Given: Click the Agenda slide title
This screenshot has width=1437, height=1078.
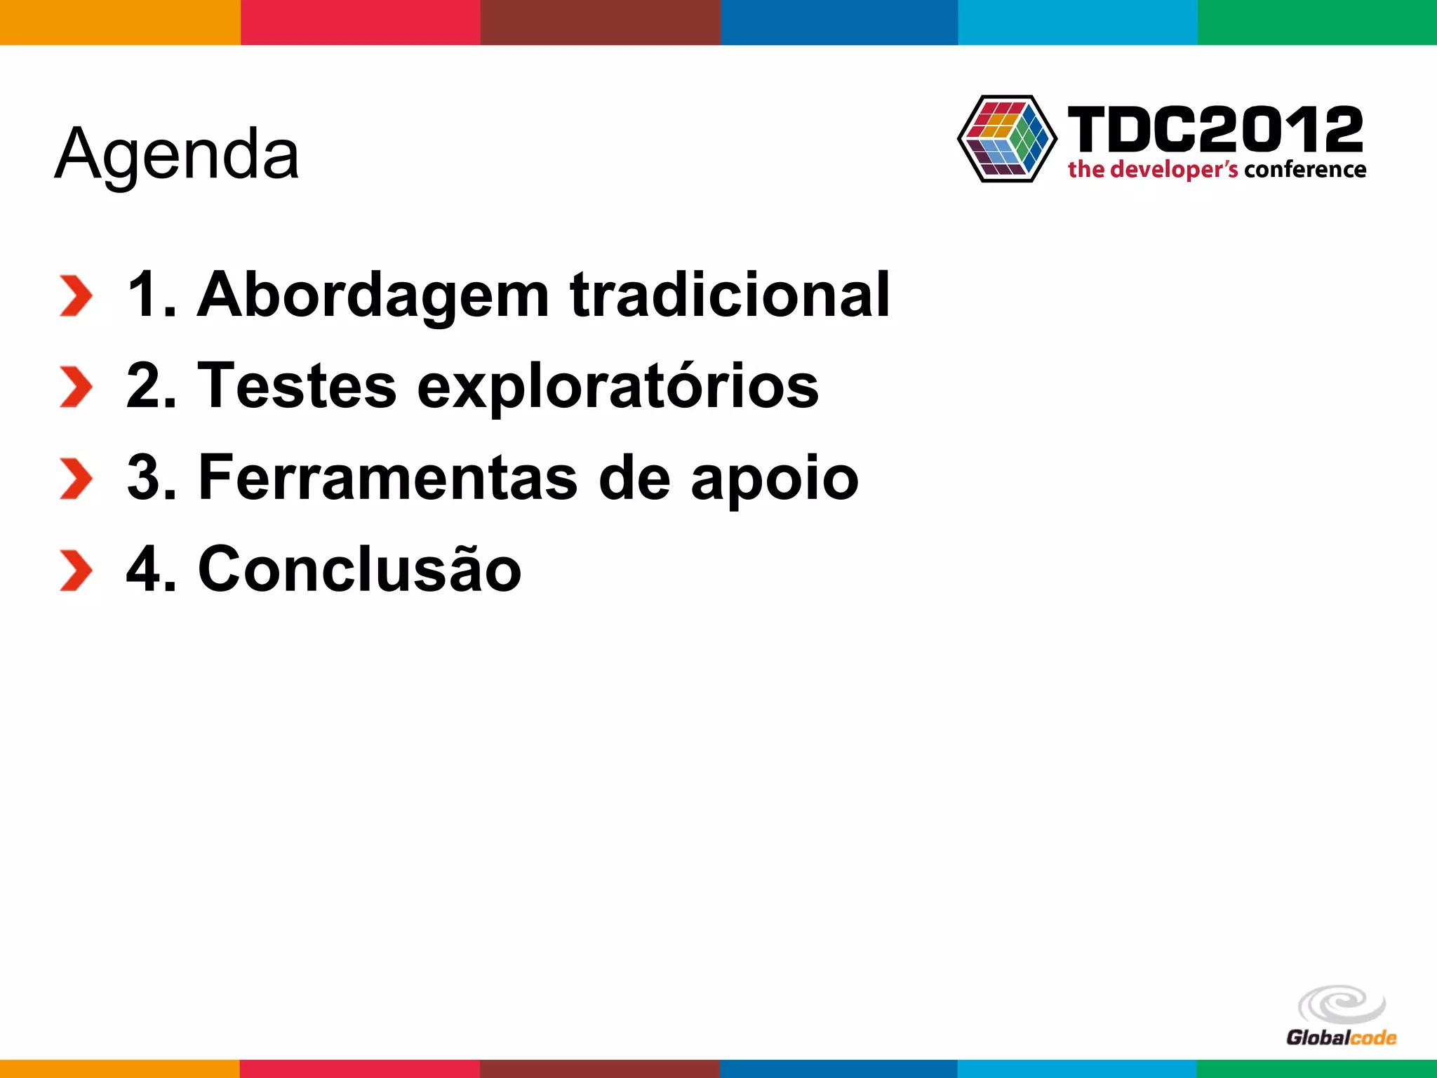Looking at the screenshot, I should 177,154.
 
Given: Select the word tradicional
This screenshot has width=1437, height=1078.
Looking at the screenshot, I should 730,295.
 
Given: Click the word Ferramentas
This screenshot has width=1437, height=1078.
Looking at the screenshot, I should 387,478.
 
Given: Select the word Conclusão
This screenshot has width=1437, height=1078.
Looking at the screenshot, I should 360,568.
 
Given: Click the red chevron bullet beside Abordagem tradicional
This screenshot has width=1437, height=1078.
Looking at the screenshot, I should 76,296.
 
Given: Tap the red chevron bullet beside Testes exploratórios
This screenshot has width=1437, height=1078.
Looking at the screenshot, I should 76,387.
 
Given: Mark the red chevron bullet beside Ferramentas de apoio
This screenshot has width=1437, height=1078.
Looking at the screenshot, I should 76,479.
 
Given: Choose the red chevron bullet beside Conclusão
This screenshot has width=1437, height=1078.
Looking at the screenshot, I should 76,570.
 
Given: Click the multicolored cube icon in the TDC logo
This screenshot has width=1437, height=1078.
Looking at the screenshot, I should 1007,139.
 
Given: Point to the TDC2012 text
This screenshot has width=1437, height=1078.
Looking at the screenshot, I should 1215,129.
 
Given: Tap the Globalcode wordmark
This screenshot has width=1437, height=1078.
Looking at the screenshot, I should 1341,1038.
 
